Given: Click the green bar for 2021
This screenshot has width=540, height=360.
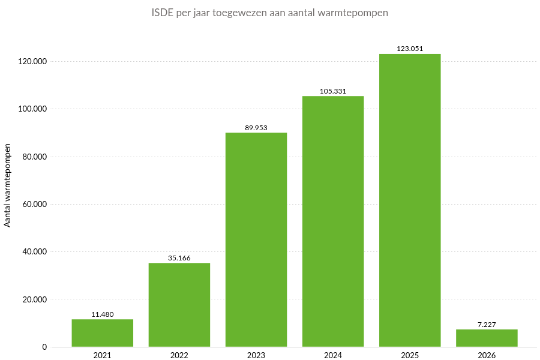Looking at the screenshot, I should click(102, 333).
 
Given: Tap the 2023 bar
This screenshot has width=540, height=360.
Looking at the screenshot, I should click(256, 240).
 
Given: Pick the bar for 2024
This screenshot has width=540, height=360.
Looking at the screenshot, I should click(333, 221).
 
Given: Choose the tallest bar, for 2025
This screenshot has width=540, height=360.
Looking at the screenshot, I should click(410, 200).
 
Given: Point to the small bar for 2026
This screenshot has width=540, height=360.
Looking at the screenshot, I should click(487, 338).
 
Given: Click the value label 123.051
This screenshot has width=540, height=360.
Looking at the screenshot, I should click(410, 49).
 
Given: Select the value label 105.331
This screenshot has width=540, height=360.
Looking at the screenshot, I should click(333, 91).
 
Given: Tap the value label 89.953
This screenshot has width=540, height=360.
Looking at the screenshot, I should click(256, 128).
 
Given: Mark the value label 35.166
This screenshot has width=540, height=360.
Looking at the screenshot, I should click(179, 258).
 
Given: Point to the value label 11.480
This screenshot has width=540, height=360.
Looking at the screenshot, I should click(102, 314).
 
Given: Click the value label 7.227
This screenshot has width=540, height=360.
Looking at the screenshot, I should click(487, 325).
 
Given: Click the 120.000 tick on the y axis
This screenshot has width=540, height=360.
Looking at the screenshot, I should click(32, 61).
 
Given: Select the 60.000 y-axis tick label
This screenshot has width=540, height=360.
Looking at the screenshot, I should click(34, 204).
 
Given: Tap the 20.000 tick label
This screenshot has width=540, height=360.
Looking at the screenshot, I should click(34, 299).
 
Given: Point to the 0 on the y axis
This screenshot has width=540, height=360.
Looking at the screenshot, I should click(44, 347).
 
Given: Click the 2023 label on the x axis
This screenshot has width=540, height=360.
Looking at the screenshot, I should click(256, 355).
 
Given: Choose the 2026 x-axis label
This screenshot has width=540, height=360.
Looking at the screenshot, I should click(487, 355).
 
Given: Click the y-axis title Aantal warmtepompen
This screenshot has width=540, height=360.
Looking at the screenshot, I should click(8, 185).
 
